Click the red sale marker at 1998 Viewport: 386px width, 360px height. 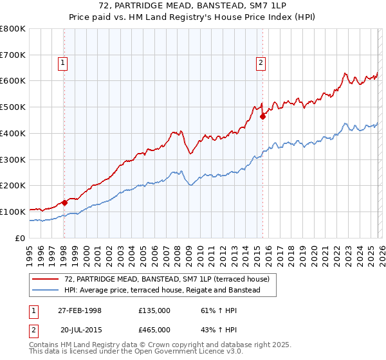click(x=64, y=203)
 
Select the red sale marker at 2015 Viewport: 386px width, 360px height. click(x=262, y=116)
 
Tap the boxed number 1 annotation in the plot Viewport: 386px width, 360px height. click(x=62, y=62)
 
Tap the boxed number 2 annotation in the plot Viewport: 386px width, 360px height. click(x=261, y=62)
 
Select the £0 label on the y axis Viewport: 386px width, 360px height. click(x=21, y=238)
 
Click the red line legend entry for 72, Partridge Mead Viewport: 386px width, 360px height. click(x=170, y=279)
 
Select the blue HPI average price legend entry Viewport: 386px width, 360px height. click(x=161, y=291)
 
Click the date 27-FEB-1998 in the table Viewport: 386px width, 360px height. click(x=80, y=310)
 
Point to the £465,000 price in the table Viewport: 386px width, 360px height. click(x=154, y=328)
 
